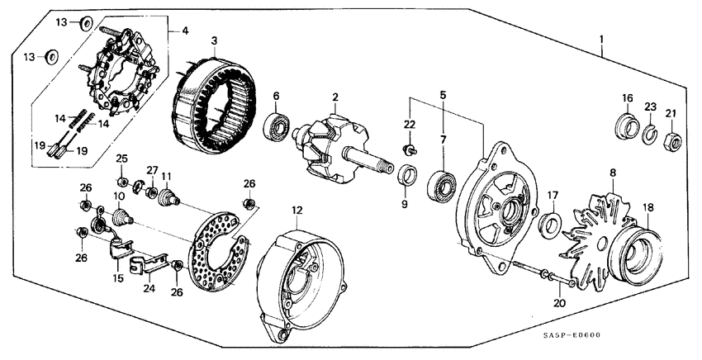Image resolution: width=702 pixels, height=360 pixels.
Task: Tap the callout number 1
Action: [x=602, y=40]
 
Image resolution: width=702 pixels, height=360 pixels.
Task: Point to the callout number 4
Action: [x=184, y=31]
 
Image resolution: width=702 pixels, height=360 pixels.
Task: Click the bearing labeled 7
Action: [x=442, y=185]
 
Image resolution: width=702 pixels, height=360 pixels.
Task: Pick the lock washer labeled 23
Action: [x=651, y=134]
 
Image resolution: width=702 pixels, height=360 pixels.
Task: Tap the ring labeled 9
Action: [x=406, y=176]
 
